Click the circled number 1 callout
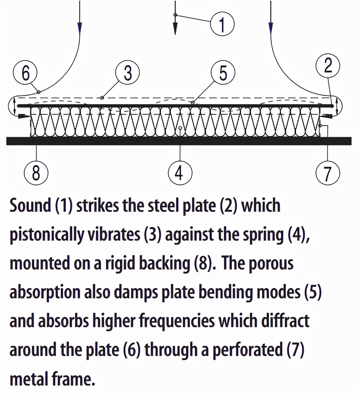point(222,24)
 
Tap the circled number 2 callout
point(328,66)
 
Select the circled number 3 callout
point(128,73)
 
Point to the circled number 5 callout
point(223,73)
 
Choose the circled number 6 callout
point(26,73)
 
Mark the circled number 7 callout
point(328,173)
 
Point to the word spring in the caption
point(266,235)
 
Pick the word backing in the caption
point(167,263)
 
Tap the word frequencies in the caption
point(173,321)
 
